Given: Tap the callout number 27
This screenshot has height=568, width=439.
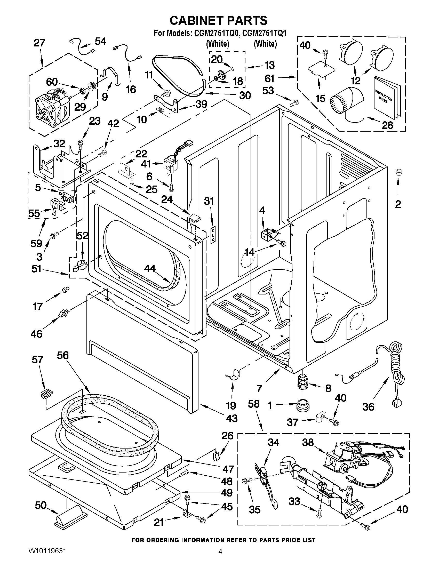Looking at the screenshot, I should pyautogui.click(x=39, y=43).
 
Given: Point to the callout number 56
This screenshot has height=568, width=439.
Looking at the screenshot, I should pyautogui.click(x=63, y=355).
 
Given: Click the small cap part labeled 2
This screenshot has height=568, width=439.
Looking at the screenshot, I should pyautogui.click(x=398, y=172).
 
